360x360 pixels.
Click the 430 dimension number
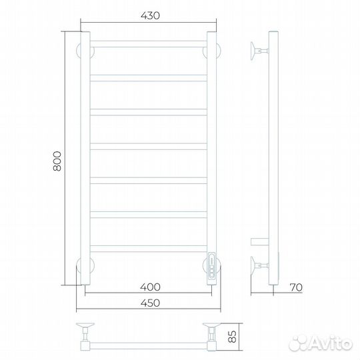(150, 15)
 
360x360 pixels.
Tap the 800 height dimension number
(57, 161)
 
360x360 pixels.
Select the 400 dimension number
(150, 287)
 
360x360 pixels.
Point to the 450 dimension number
(150, 303)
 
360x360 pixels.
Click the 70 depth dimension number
(296, 287)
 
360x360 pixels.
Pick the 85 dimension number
(233, 337)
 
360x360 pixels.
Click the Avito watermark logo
(321, 344)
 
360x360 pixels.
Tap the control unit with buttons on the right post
(212, 266)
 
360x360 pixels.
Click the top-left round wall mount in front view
(85, 51)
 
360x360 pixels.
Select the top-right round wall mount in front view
(212, 51)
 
